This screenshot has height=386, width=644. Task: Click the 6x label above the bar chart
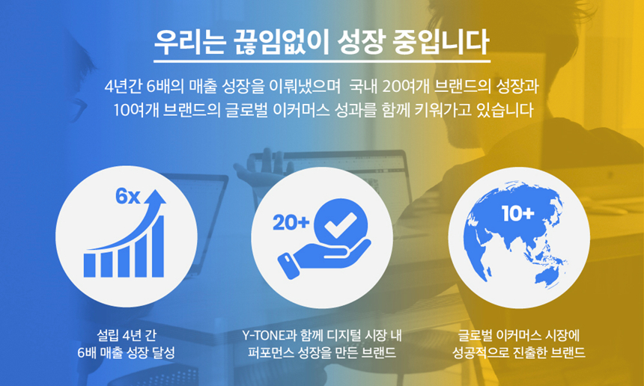coord(127,197)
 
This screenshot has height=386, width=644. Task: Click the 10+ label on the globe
coord(517,215)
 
